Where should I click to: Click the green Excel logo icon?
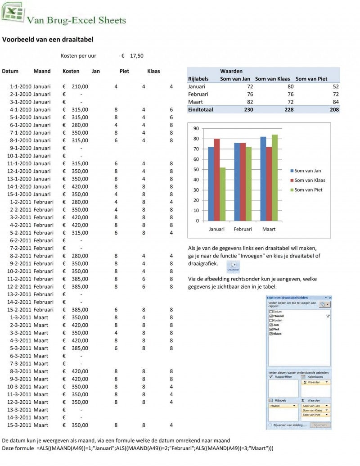pos(12,12)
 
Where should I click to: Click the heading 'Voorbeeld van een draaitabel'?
pos(48,40)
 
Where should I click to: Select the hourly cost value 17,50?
pos(136,56)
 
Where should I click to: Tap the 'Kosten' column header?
pos(71,71)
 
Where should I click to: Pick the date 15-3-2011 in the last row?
pos(19,425)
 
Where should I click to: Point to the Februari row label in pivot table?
pos(198,94)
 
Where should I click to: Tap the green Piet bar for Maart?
pos(274,177)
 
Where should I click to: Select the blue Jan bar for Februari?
pos(237,182)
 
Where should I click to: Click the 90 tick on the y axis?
pos(196,128)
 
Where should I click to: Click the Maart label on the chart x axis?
pos(269,229)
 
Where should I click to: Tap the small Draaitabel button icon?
pos(233,267)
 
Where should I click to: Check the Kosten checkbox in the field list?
pos(271,320)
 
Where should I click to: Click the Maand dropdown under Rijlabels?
pos(283,406)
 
